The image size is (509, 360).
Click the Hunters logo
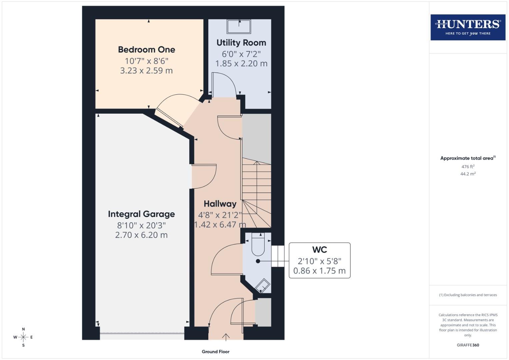point(468,27)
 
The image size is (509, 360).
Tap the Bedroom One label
point(146,50)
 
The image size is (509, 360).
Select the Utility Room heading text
point(241,43)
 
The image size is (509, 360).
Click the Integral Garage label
point(141,214)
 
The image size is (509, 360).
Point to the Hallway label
point(220,204)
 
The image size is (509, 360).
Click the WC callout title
point(319,250)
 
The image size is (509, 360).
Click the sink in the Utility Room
point(239,26)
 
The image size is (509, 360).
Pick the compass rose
point(23,337)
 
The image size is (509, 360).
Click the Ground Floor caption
point(215,351)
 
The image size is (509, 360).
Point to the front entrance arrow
point(226,337)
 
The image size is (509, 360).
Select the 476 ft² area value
point(468,167)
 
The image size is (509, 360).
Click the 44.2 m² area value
point(468,174)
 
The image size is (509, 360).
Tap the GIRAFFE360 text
point(468,345)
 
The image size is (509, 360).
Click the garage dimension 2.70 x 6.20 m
point(141,235)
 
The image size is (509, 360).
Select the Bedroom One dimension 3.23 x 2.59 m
point(146,71)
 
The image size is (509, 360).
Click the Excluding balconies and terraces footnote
point(468,295)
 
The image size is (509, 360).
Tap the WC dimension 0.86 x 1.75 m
point(319,271)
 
